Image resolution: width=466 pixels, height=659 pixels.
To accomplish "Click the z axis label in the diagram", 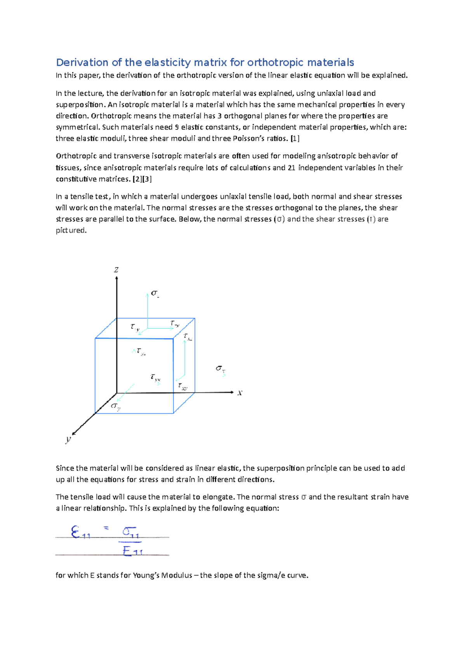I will coord(116,270).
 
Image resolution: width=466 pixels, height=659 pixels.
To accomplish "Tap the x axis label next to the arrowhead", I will coord(240,393).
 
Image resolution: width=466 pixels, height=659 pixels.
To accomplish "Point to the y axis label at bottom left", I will coord(68,439).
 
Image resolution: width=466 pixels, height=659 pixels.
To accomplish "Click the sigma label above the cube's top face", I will coord(155,293).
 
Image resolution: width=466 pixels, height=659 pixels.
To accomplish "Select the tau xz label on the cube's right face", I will coord(188,337).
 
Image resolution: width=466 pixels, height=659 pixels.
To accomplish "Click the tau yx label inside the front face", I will coord(155,378).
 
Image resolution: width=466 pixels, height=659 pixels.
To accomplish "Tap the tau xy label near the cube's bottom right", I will coord(183,386).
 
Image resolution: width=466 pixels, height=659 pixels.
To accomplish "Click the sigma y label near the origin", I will coord(115,406).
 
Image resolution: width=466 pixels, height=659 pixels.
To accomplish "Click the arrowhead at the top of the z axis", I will coord(116,278).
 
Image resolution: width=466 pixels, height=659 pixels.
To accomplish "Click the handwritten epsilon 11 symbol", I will coord(80,532).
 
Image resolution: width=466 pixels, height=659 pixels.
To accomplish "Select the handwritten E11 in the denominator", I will coord(132,551).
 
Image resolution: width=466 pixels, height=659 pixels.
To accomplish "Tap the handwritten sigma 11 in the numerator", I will coord(130,532).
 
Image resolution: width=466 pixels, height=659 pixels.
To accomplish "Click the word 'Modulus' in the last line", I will coord(177,575).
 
